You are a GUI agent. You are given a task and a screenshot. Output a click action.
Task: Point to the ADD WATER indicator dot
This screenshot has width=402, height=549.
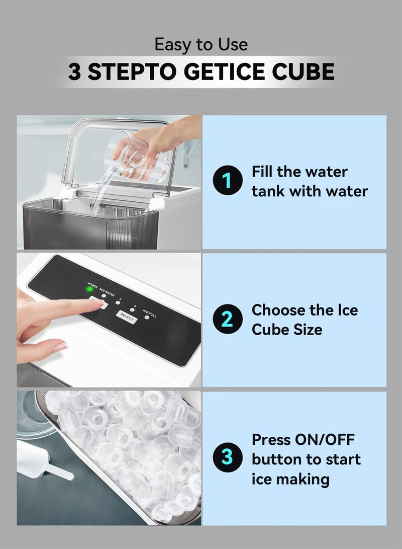(x=104, y=296)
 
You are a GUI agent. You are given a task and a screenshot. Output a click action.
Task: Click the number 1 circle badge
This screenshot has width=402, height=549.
(x=228, y=182)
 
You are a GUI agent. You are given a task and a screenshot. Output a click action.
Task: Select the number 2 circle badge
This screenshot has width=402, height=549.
(x=228, y=320)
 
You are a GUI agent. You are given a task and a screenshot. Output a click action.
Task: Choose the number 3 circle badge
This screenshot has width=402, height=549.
(x=228, y=458)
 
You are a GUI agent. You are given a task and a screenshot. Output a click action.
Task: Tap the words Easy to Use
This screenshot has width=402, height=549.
(x=201, y=44)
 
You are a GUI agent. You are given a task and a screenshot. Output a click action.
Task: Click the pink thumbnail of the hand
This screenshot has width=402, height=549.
(x=59, y=347)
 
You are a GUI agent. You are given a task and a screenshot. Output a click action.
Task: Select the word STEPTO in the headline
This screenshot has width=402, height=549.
(x=133, y=72)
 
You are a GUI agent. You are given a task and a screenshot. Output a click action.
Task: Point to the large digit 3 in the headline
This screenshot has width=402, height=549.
(x=74, y=72)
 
